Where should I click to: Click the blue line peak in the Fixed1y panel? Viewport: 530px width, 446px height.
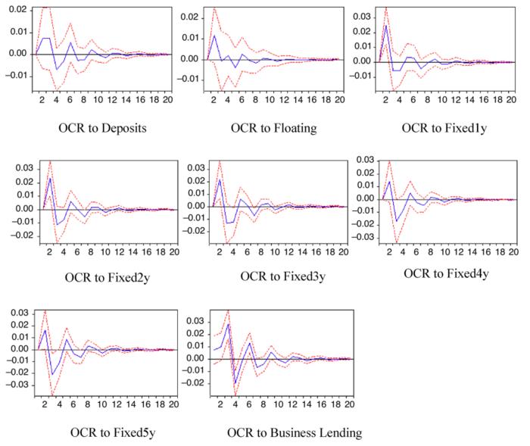385,26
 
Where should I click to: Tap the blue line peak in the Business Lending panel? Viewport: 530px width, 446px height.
228,324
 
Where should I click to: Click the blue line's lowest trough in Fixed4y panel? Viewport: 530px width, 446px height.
396,221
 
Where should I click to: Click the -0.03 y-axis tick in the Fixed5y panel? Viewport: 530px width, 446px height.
16,385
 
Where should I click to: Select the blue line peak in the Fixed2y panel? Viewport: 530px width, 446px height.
50,178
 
